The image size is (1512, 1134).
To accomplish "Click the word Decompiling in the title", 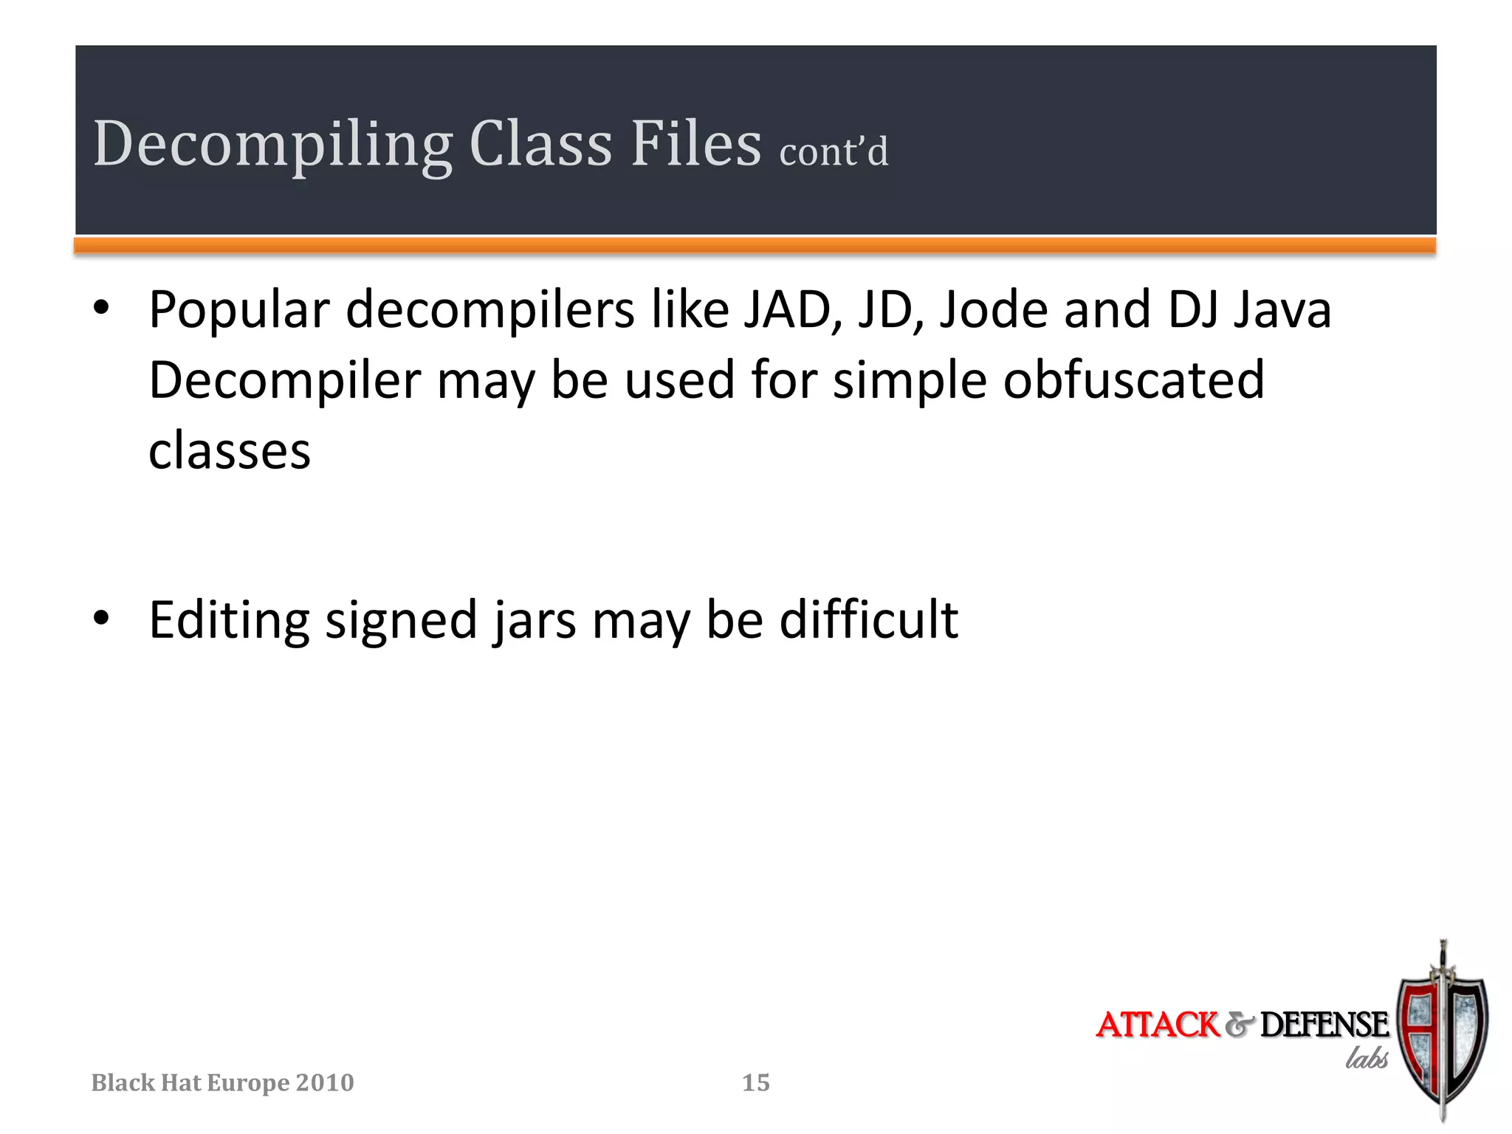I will click(x=272, y=145).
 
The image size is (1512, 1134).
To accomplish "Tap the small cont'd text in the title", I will click(x=834, y=152).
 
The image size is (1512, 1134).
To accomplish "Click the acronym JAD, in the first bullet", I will click(x=793, y=309).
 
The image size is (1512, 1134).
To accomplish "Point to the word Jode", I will click(x=993, y=309).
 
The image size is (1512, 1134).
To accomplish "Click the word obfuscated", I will click(x=1134, y=380).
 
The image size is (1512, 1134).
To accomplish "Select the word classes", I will click(x=230, y=451).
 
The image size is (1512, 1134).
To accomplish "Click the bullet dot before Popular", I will click(x=102, y=309).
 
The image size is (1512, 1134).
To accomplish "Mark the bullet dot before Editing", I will click(x=102, y=619).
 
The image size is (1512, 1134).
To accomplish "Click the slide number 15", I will click(x=755, y=1082).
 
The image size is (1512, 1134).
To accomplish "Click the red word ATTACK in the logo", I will click(x=1157, y=1025).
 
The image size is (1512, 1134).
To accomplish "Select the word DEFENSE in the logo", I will click(x=1324, y=1025).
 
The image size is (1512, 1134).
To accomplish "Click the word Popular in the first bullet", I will click(x=238, y=311).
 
